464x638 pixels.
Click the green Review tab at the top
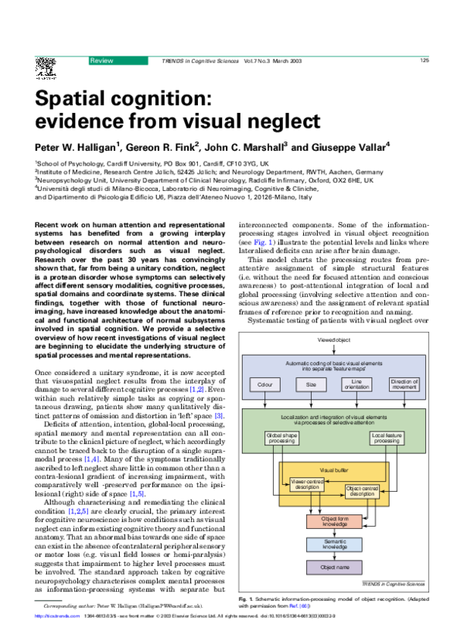coord(118,61)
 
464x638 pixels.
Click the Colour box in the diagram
coord(265,384)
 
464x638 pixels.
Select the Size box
coord(311,384)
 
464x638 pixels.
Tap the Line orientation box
coord(357,384)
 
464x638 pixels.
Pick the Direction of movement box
coord(404,384)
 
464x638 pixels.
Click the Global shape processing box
coord(281,438)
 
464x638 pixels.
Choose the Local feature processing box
coord(386,438)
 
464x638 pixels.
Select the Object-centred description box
coord(362,491)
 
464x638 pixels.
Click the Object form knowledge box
coord(334,522)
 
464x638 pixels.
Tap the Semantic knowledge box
coord(334,544)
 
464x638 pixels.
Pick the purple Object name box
coord(334,568)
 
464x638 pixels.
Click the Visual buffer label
coord(333,469)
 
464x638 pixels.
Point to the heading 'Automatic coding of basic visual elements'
coord(333,363)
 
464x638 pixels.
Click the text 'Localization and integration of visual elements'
coord(333,418)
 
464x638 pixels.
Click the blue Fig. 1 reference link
coord(263,243)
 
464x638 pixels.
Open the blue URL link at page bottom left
coord(56,616)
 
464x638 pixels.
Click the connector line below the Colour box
coord(265,401)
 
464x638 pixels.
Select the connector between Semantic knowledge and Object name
coord(334,556)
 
